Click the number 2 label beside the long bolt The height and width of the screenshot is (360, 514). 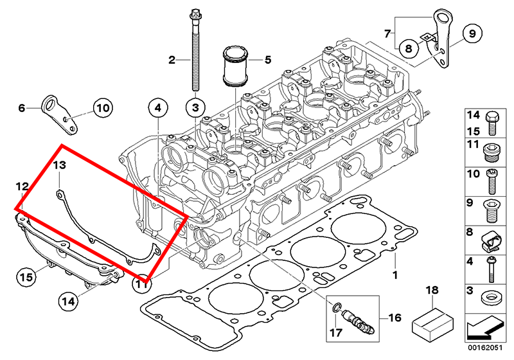[x=172, y=60]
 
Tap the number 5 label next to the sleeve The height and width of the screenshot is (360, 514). [x=268, y=60]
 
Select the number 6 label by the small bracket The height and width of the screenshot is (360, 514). [x=21, y=109]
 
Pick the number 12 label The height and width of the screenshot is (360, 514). [x=22, y=186]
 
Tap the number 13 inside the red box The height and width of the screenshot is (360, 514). [x=59, y=165]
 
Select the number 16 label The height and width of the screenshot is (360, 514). [x=394, y=318]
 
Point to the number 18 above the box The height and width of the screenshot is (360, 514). [x=432, y=291]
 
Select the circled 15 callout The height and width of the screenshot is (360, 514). [x=25, y=277]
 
